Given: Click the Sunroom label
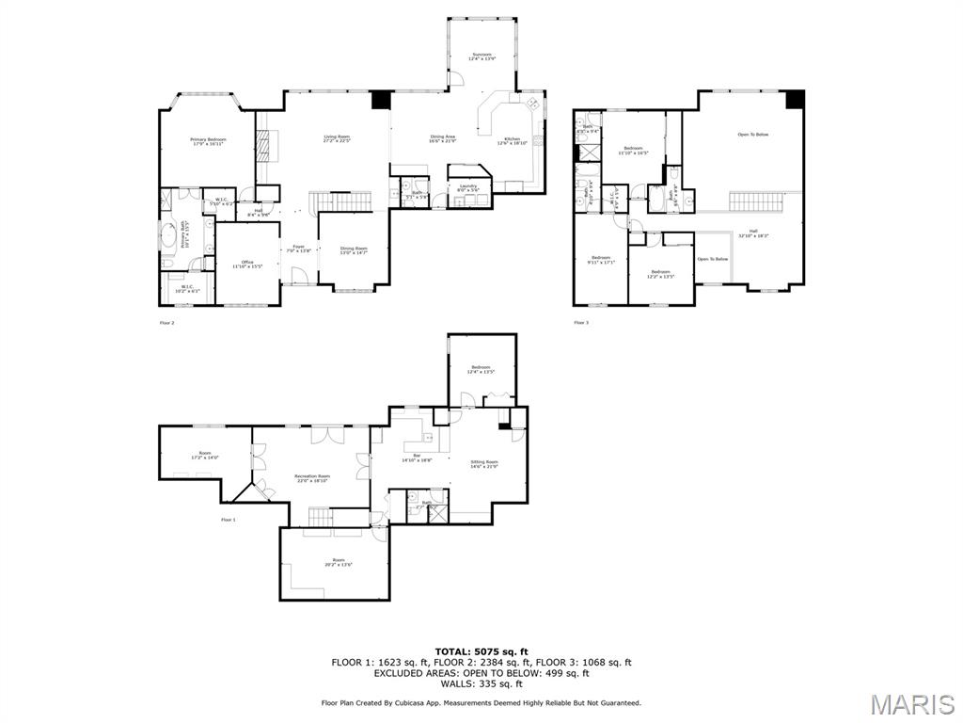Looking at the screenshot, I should tap(483, 56).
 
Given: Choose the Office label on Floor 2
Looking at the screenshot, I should tap(247, 264).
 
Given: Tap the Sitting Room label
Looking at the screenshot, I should tap(484, 463).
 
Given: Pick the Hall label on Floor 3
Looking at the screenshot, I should tap(752, 233).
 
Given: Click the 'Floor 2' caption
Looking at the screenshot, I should tap(166, 323).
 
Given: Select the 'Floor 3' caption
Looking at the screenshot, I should tap(581, 323).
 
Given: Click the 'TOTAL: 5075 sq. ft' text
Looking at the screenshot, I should tap(481, 651).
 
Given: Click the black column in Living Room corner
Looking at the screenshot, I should tap(381, 99).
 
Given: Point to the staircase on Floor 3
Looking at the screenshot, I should tap(755, 201).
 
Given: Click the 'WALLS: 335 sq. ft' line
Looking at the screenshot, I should tap(481, 683).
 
